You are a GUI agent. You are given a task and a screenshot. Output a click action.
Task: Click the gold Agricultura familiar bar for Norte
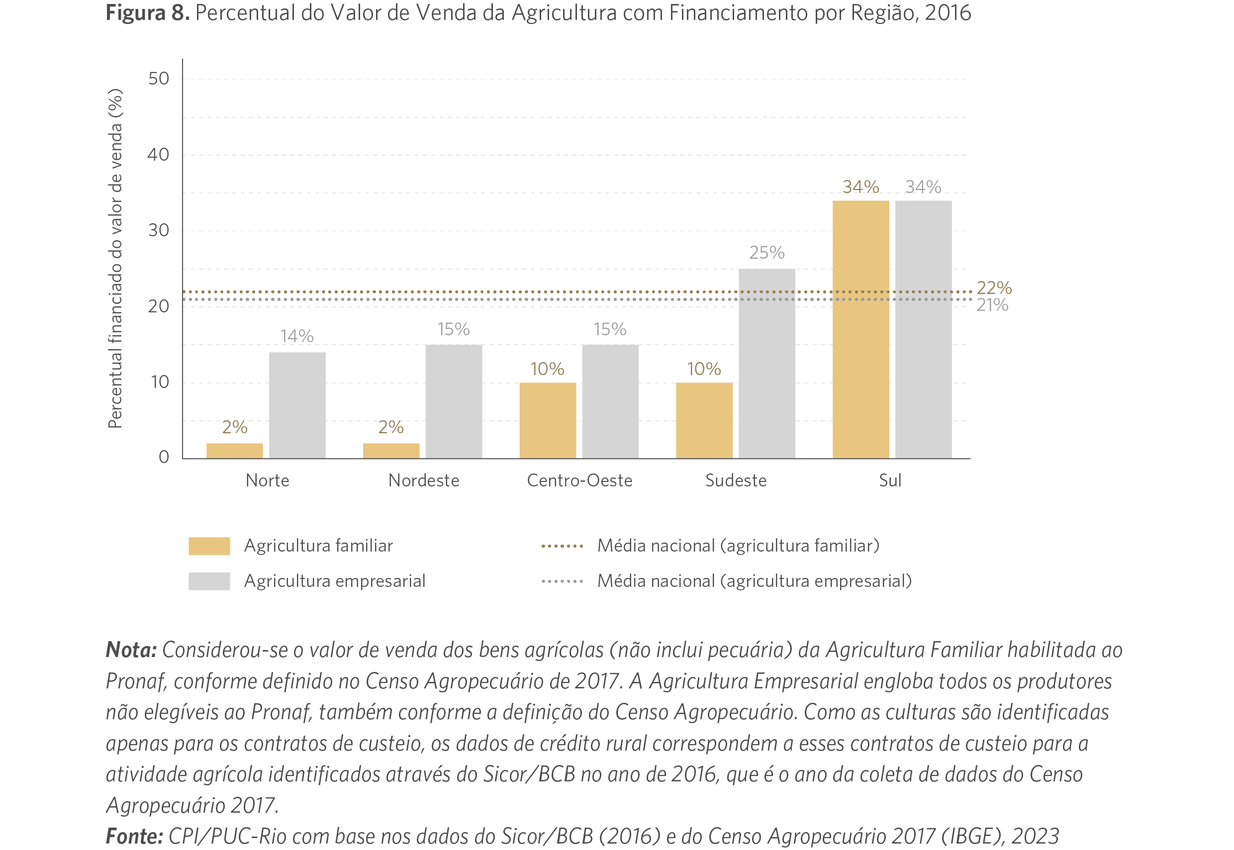[x=234, y=451]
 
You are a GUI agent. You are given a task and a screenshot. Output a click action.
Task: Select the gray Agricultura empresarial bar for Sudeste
[x=767, y=363]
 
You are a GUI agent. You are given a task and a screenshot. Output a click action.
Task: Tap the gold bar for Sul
[x=860, y=329]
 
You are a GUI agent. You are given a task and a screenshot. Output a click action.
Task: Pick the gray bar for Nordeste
[x=454, y=401]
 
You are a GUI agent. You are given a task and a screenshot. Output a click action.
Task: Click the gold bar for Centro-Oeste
[x=548, y=420]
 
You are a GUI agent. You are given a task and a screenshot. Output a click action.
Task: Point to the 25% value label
[x=767, y=253]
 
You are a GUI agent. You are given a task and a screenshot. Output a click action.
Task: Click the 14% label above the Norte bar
[x=296, y=336]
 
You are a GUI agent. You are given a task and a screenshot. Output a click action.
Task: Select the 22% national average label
[x=994, y=287]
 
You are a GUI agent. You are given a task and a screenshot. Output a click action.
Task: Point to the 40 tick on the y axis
[x=158, y=155]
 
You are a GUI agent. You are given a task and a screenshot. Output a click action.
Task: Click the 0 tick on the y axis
[x=164, y=457]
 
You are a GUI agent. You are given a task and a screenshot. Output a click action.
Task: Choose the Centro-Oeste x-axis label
[x=579, y=480]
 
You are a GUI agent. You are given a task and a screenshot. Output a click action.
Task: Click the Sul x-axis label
[x=890, y=480]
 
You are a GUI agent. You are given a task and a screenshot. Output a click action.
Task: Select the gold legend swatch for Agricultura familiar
[x=209, y=546]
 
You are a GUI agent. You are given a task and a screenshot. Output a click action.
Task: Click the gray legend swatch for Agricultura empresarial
[x=209, y=581]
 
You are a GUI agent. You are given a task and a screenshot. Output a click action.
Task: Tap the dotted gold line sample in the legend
[x=562, y=546]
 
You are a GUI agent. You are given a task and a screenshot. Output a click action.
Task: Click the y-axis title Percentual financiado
[x=115, y=259]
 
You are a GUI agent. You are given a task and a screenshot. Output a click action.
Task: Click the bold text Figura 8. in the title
[x=148, y=13]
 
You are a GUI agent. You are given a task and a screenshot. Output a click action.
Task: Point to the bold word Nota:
[x=131, y=650]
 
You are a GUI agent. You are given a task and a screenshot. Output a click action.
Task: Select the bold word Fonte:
[x=134, y=836]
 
